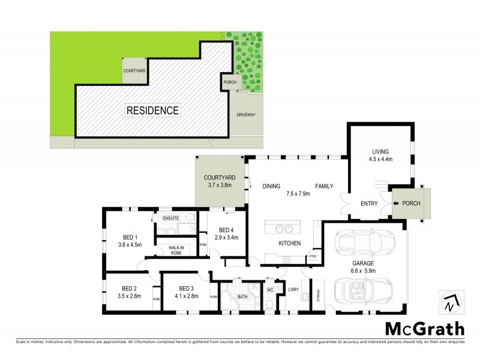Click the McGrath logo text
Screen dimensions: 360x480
[424, 329]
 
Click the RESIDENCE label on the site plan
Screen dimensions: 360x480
[152, 110]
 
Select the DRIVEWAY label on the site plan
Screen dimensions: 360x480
[246, 115]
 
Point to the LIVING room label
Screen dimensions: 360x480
[380, 152]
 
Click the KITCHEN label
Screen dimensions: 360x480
[290, 244]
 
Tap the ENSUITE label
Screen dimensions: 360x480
[172, 218]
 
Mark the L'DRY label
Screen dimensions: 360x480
[293, 290]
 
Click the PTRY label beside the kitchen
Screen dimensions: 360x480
[312, 257]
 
